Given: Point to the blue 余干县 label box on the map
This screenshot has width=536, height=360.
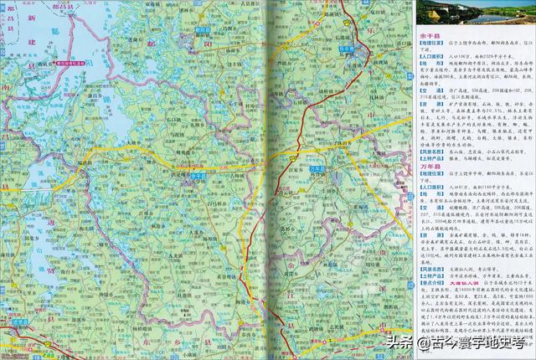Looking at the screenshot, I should click(197, 177).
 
